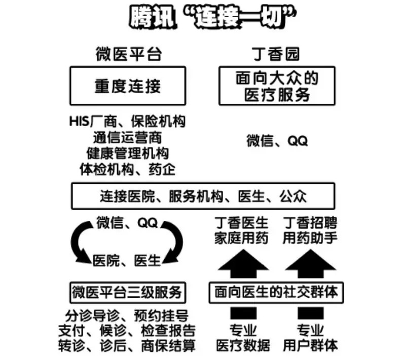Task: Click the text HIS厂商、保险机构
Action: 127,122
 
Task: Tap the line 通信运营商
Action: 127,137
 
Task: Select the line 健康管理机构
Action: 127,153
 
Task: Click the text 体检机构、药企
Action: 127,169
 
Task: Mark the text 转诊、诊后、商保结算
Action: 127,346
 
